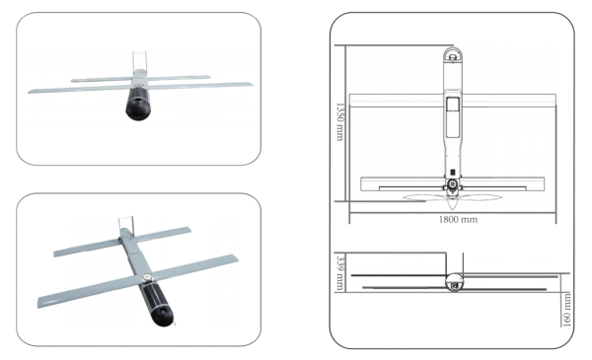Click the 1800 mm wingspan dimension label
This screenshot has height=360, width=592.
457,219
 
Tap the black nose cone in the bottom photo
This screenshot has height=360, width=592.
163,313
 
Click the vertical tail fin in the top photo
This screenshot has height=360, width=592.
138,61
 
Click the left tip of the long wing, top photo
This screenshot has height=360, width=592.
32,93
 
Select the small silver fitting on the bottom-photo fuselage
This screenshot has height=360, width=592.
146,279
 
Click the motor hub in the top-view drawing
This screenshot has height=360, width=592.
452,185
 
